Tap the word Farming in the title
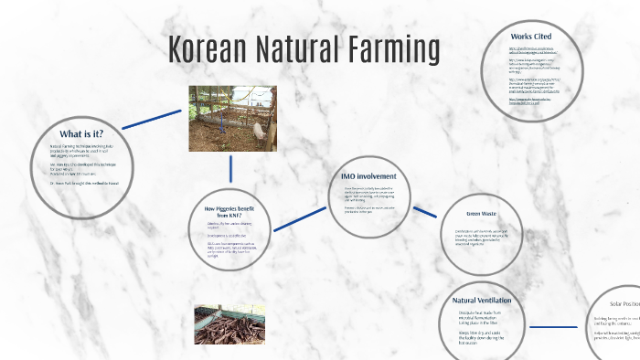390,51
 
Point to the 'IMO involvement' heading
368,175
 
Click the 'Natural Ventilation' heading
481,300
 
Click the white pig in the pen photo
261,132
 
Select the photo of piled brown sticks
229,324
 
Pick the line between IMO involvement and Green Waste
424,211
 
